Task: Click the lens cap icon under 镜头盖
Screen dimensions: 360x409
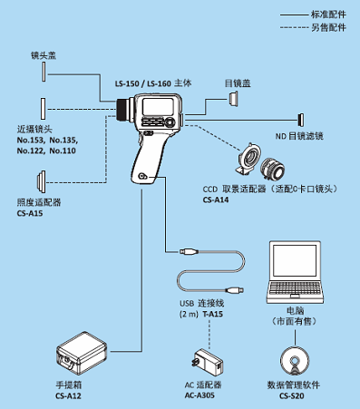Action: pyautogui.click(x=44, y=72)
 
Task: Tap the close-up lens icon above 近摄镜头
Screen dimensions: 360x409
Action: pyautogui.click(x=44, y=109)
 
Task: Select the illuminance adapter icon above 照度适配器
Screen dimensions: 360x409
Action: pyautogui.click(x=42, y=182)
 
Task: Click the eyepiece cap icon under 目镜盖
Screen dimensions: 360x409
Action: pyautogui.click(x=233, y=99)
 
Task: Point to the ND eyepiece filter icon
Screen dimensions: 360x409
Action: pyautogui.click(x=301, y=120)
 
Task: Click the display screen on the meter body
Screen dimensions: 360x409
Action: pyautogui.click(x=158, y=107)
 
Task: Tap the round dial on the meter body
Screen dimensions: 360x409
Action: pyautogui.click(x=170, y=122)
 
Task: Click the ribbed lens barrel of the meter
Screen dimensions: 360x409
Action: pyautogui.click(x=123, y=109)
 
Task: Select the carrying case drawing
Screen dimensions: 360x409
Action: pyautogui.click(x=82, y=353)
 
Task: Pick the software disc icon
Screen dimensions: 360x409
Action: pyautogui.click(x=295, y=361)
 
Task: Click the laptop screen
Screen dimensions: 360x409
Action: pyautogui.click(x=295, y=260)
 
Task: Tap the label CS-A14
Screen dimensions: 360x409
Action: pyautogui.click(x=216, y=200)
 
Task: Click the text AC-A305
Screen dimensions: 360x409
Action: pyautogui.click(x=199, y=395)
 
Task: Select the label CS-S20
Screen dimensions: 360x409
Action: pyautogui.click(x=292, y=395)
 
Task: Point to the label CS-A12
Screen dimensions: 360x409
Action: pyautogui.click(x=68, y=395)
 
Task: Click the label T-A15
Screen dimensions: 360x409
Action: pyautogui.click(x=212, y=314)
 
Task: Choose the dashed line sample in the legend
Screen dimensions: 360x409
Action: pyautogui.click(x=294, y=27)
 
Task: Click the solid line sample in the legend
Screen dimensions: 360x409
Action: pyautogui.click(x=294, y=15)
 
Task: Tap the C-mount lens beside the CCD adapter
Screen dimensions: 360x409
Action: pyautogui.click(x=273, y=168)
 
